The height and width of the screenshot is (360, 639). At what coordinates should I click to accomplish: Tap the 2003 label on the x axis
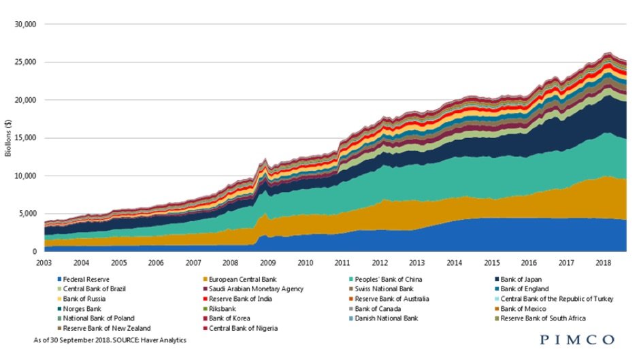pyautogui.click(x=44, y=262)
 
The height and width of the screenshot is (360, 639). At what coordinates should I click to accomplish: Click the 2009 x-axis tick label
pyautogui.click(x=267, y=262)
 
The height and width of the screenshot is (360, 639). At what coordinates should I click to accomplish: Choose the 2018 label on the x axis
pyautogui.click(x=602, y=262)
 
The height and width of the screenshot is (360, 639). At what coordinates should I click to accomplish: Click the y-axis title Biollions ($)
pyautogui.click(x=9, y=138)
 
